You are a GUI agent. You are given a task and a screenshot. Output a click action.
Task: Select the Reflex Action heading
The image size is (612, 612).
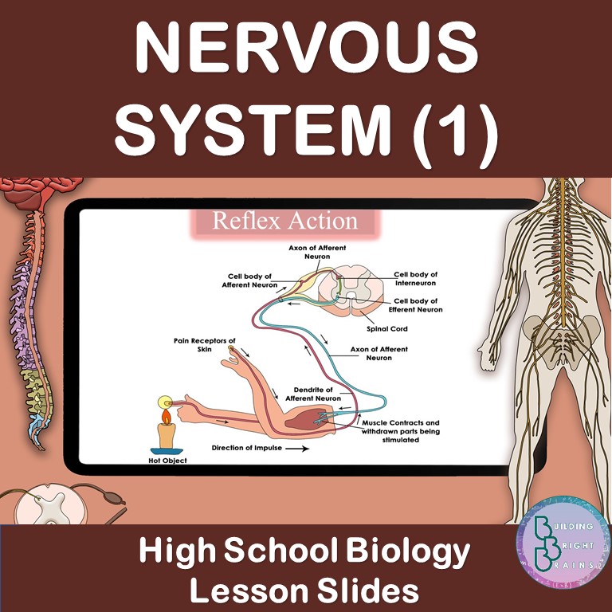[285, 221]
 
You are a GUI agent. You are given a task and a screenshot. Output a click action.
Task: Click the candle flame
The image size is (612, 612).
[167, 417]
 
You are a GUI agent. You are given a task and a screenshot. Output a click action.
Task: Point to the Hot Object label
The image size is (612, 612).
[167, 461]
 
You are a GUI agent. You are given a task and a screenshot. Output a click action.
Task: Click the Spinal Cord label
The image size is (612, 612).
[386, 329]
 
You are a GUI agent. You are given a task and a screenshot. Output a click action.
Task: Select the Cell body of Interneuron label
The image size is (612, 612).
[415, 279]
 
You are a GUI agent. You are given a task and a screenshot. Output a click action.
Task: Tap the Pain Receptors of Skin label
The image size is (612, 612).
[205, 345]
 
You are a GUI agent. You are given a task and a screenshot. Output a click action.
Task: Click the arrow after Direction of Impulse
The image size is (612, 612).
[297, 449]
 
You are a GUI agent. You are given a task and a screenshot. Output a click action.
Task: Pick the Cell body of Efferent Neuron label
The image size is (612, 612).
[415, 305]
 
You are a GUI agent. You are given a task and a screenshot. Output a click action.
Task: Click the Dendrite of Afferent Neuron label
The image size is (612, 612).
[313, 394]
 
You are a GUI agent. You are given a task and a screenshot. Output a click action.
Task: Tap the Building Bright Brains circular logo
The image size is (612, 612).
[563, 543]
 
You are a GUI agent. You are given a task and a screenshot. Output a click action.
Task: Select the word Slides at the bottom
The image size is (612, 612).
[367, 591]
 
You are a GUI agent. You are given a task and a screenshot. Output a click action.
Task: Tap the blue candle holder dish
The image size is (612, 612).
[167, 451]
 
